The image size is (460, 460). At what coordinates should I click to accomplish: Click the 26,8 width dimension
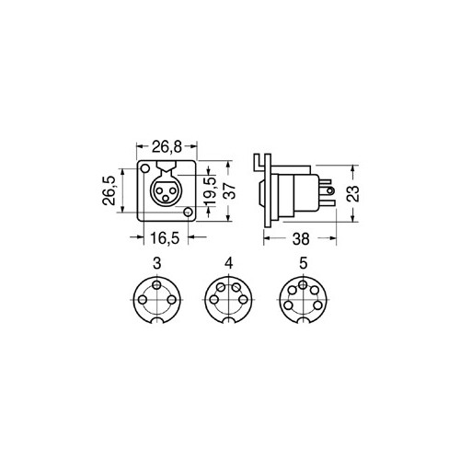[167, 147]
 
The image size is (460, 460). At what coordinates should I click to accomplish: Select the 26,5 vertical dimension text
[109, 190]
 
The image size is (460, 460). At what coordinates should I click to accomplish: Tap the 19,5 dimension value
[211, 190]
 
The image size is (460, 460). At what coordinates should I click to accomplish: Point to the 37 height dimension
[232, 190]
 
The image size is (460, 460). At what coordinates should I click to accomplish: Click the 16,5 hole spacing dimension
[165, 238]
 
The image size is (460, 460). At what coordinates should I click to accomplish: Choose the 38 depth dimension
[301, 239]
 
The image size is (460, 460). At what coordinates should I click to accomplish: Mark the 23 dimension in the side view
[352, 193]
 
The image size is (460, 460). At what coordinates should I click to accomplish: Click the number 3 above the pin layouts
[157, 263]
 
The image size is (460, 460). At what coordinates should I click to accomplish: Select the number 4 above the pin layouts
[229, 263]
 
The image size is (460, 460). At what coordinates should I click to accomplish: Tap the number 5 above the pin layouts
[303, 263]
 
